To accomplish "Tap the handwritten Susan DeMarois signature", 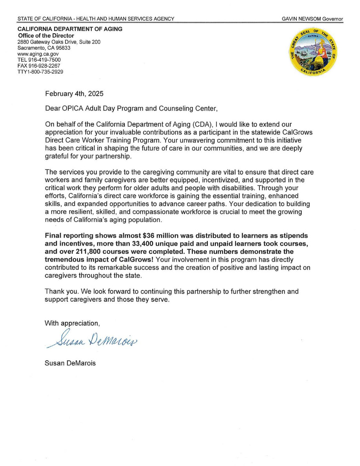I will [x=93, y=339].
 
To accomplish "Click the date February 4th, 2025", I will [x=75, y=94].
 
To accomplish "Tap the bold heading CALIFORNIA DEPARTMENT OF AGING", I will [x=70, y=29].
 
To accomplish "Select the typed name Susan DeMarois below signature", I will [x=70, y=363].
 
